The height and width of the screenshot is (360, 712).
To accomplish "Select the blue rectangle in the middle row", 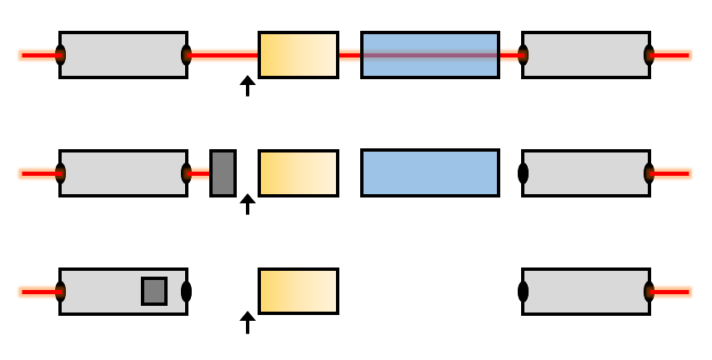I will pos(429,173).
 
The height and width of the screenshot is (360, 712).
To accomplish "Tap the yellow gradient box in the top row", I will pos(298,55).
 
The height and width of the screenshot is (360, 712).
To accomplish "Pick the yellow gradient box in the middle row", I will pos(298,173).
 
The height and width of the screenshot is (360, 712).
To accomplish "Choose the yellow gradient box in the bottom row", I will pos(298,292).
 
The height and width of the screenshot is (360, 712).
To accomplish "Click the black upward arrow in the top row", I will pos(247,86).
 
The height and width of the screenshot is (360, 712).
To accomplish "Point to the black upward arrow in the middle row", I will pos(247,204).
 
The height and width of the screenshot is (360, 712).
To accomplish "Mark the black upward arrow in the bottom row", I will pos(247,322).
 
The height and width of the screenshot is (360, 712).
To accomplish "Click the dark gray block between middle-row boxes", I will pos(223,173).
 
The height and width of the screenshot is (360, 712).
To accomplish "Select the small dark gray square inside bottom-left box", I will pos(154,291).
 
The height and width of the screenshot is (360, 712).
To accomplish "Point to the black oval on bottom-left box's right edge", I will pos(187,292).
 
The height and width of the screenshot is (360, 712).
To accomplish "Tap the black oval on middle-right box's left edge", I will pos(524,173).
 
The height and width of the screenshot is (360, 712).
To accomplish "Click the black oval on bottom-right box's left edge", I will pos(524,292).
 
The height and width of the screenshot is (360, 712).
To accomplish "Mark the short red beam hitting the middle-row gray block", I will pos(200,173).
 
